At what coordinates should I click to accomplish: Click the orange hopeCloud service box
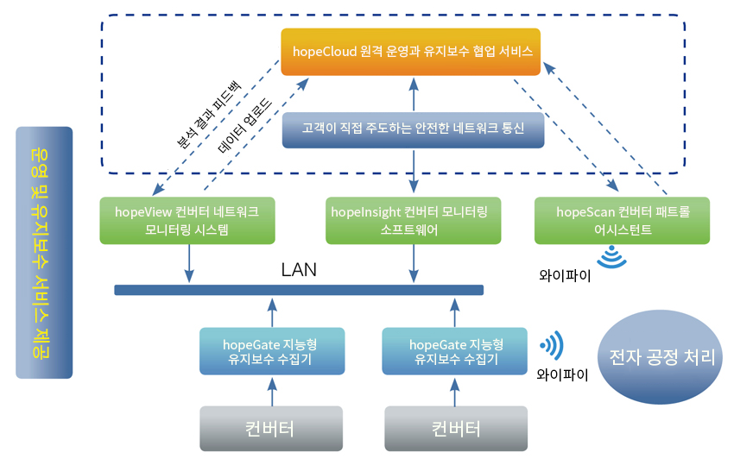(410, 52)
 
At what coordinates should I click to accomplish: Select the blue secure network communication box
(413, 129)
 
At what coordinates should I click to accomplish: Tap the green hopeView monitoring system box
(187, 220)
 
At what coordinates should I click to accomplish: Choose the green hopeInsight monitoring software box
(414, 220)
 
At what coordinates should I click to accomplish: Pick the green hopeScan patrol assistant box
(622, 220)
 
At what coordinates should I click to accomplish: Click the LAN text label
(299, 270)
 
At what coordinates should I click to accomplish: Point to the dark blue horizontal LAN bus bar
(299, 290)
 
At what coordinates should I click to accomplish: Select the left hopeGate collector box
(272, 351)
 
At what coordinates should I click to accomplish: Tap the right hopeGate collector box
(454, 351)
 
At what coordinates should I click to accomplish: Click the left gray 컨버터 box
(271, 429)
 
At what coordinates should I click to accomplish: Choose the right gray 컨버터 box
(456, 429)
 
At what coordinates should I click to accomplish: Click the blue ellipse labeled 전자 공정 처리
(660, 357)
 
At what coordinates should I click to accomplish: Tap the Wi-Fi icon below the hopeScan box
(612, 258)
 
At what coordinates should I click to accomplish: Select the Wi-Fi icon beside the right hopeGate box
(553, 346)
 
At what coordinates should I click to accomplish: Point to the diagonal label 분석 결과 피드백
(209, 114)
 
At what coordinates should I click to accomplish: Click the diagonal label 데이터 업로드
(245, 126)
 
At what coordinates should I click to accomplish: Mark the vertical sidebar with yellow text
(44, 253)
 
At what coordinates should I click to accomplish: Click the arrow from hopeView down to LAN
(189, 263)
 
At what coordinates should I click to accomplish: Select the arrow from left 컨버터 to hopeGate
(272, 392)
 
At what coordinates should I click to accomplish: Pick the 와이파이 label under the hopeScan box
(565, 275)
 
